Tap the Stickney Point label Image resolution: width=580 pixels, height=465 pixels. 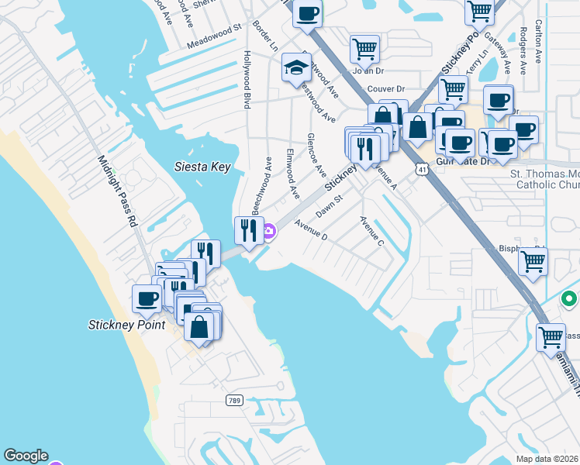tap(126, 325)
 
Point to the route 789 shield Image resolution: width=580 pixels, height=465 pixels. tap(233, 401)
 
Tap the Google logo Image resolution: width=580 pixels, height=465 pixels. tap(25, 456)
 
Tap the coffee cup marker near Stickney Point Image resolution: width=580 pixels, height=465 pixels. tap(147, 299)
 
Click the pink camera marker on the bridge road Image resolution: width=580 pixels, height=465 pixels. tap(269, 230)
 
